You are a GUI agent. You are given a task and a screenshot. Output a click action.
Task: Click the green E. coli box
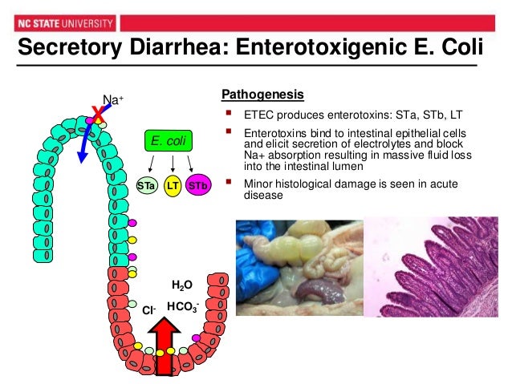[169, 141]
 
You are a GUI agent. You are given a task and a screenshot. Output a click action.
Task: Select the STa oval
[146, 186]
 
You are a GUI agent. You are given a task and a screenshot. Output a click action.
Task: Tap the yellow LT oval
[172, 186]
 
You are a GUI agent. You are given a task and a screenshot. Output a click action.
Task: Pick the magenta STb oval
[197, 186]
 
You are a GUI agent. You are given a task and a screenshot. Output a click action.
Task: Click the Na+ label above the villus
[113, 101]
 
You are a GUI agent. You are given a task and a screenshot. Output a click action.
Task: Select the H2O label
[181, 285]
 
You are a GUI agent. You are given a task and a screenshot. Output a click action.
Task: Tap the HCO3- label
[182, 306]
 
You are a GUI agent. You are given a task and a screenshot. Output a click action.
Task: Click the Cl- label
[148, 309]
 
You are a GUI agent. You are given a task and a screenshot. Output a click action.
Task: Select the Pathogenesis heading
[262, 92]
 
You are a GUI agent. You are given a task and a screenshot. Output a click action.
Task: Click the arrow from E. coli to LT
[172, 165]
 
